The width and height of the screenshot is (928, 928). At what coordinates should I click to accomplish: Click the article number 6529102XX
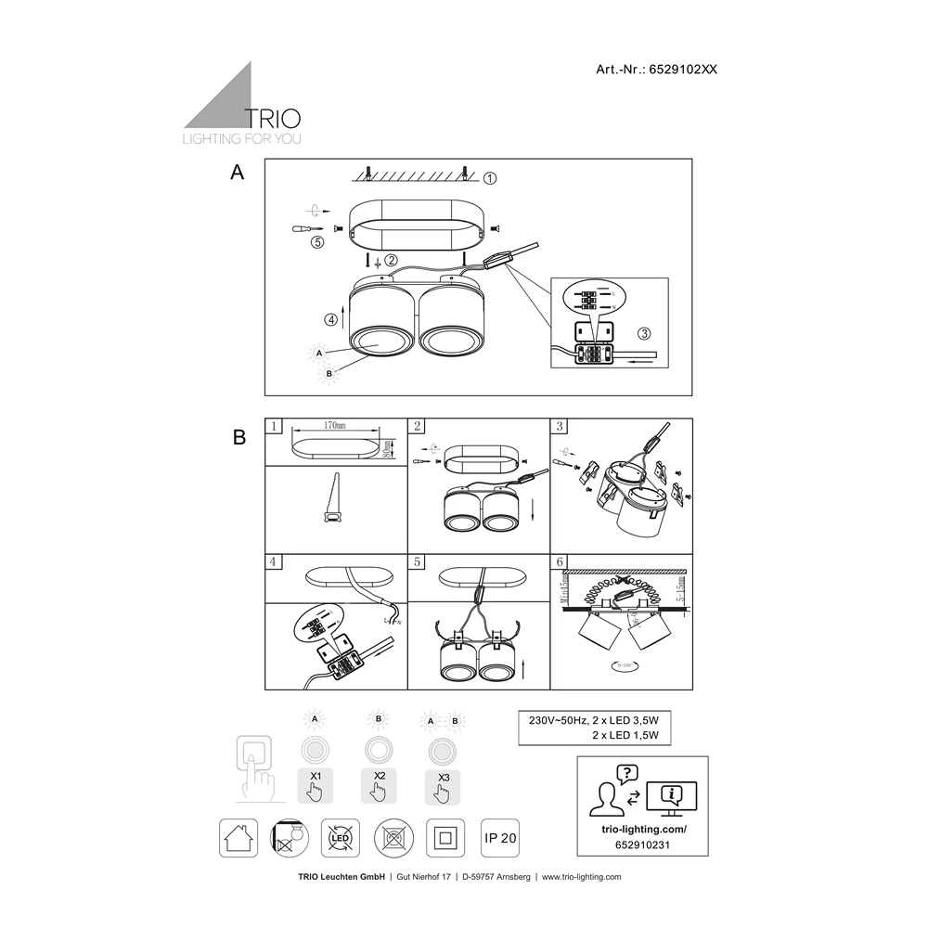[686, 70]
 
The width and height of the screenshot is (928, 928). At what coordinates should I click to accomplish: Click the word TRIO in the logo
[271, 118]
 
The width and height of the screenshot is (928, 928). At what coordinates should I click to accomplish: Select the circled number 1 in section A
[491, 177]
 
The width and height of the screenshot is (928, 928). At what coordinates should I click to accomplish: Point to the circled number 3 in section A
[643, 333]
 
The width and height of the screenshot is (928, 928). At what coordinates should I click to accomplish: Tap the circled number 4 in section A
[331, 320]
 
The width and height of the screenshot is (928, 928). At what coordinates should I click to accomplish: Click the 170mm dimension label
[334, 425]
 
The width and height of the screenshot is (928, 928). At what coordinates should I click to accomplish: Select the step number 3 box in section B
[559, 426]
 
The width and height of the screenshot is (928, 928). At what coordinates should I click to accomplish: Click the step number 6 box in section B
[559, 561]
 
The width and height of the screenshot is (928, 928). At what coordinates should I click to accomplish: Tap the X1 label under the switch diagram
[315, 776]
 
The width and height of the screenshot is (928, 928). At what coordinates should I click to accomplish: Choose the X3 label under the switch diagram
[443, 776]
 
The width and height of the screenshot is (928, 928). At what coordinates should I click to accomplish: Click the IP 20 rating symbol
[501, 838]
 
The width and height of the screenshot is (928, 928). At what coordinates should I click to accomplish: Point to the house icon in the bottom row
[237, 838]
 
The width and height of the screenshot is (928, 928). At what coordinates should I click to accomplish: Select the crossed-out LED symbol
[341, 838]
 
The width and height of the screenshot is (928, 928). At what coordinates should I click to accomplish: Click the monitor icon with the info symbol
[670, 796]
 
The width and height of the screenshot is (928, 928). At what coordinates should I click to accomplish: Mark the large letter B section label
[239, 438]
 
